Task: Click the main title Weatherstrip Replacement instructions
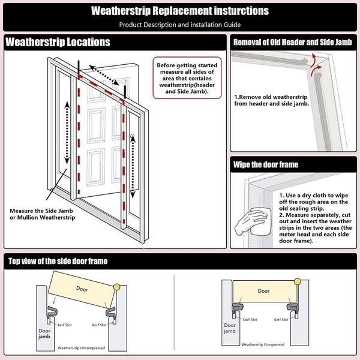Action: (x=180, y=11)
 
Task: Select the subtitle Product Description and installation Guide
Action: (x=180, y=25)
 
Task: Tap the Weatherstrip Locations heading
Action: (x=58, y=42)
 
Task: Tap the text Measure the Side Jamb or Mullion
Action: (x=42, y=214)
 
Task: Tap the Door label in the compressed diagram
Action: (x=263, y=291)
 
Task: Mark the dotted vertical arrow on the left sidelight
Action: (x=67, y=132)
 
